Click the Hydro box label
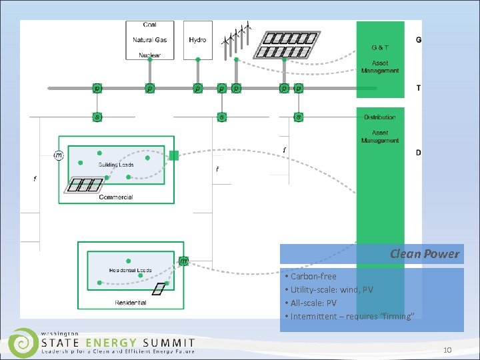tap(197, 40)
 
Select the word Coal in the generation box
tap(149, 25)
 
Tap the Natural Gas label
tap(149, 40)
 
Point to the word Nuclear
tap(149, 55)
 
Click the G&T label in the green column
tap(380, 47)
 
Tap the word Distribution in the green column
tap(379, 117)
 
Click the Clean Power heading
tap(425, 253)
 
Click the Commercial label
tap(116, 197)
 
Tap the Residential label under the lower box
tap(131, 303)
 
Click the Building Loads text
tap(116, 165)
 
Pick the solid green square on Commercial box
tap(174, 155)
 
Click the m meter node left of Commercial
tap(59, 155)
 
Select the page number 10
tap(447, 350)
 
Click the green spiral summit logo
tap(24, 343)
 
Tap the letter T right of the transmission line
tap(418, 88)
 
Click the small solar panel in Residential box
tap(157, 289)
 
